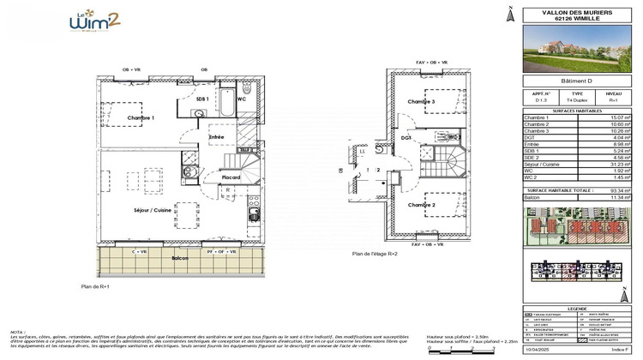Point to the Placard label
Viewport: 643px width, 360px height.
231,177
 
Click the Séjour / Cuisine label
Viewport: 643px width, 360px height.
152,210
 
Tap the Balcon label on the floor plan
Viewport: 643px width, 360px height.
179,257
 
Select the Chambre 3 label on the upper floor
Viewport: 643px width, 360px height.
421,101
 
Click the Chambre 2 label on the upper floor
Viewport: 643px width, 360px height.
421,205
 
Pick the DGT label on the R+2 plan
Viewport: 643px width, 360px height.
406,136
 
